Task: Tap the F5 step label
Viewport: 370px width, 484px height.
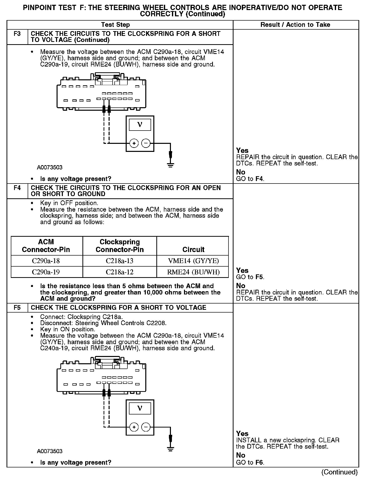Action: click(x=17, y=308)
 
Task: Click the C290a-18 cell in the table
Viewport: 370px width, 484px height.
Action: click(x=46, y=261)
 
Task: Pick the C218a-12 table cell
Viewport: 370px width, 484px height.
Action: click(x=120, y=272)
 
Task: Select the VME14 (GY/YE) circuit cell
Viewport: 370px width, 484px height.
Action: click(x=193, y=261)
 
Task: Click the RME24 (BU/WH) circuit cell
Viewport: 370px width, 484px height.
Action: click(x=193, y=272)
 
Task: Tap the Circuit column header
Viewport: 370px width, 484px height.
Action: click(x=193, y=250)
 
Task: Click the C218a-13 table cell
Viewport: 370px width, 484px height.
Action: click(x=120, y=261)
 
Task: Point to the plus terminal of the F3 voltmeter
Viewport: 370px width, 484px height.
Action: click(x=134, y=144)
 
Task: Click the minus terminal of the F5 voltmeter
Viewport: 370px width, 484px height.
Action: click(x=146, y=427)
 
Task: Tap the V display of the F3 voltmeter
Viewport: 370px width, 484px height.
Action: click(x=140, y=125)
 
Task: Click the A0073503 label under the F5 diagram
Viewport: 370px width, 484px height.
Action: click(x=50, y=451)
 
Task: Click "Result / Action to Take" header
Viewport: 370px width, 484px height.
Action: click(x=295, y=25)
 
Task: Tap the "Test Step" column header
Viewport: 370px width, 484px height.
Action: click(x=115, y=25)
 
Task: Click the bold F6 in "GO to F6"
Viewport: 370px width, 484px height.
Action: click(x=259, y=462)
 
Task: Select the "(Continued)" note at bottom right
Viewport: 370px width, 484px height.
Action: click(x=339, y=472)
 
